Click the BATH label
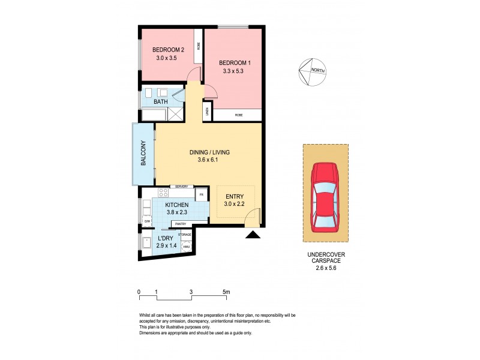pos(161,102)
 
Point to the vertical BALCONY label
pos(143,154)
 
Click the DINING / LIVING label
pos(209,152)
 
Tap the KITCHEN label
pos(169,205)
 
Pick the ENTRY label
pos(235,196)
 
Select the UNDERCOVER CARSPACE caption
pos(326,259)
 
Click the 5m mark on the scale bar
pos(226,292)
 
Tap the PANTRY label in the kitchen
pos(181,224)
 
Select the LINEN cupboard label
pos(206,110)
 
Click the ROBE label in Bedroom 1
pos(239,114)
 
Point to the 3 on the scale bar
pos(191,292)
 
